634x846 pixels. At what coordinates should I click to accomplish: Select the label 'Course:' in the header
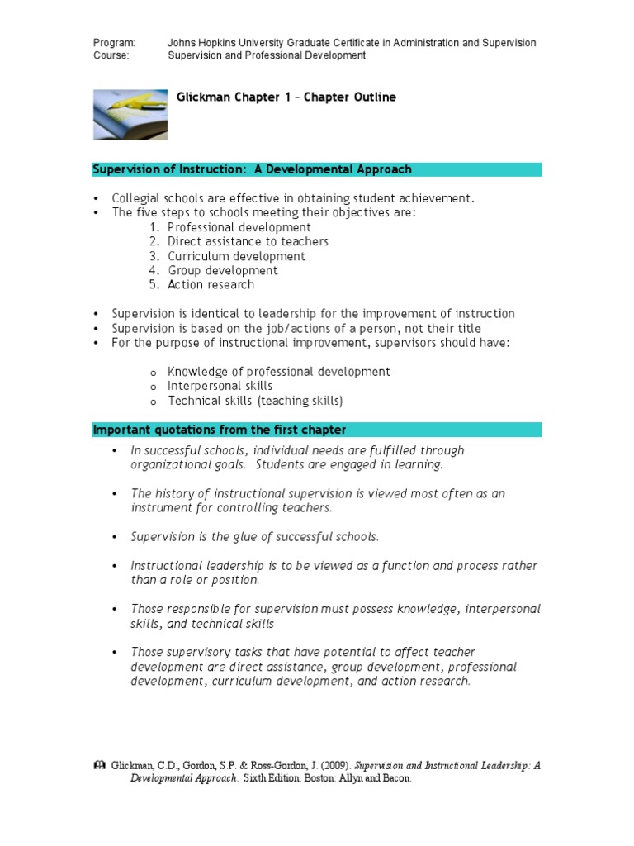tap(111, 55)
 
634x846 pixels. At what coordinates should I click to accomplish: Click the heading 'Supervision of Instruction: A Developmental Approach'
tap(252, 170)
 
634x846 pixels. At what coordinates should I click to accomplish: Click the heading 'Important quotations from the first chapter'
tap(220, 430)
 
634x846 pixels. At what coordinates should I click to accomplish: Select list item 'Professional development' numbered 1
tap(239, 227)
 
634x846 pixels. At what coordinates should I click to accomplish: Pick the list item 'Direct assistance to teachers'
tap(248, 241)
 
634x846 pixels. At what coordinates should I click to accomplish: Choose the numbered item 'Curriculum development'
tap(236, 256)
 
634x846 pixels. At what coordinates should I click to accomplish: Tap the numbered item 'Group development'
tap(223, 270)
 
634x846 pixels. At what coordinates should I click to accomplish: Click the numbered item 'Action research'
tap(211, 284)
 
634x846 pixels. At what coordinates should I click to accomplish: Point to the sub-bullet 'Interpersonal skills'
tap(220, 386)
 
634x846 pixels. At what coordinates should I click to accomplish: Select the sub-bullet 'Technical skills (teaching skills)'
tap(254, 401)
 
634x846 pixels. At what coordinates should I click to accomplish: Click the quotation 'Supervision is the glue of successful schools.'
tap(254, 537)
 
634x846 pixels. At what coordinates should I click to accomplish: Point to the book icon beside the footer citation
tap(100, 766)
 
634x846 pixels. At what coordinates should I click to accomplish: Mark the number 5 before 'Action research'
tap(154, 284)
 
